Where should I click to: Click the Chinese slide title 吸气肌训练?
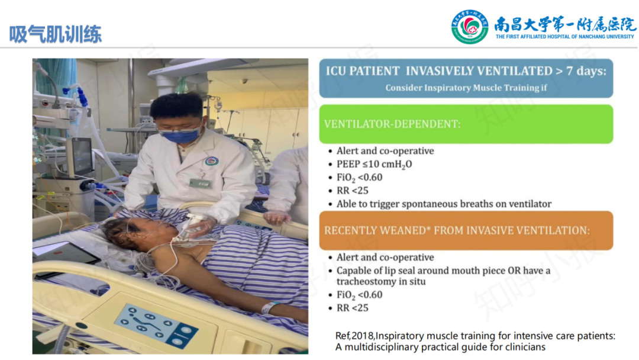click(56, 34)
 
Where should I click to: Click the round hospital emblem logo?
click(469, 27)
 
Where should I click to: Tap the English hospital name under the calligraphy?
click(565, 37)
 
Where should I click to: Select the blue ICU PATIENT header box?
click(466, 78)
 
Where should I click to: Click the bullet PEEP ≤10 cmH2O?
click(374, 164)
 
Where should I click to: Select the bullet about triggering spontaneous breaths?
click(444, 204)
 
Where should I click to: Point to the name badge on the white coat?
click(200, 184)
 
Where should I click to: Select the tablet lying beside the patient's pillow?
click(65, 253)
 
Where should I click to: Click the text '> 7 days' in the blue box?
click(581, 71)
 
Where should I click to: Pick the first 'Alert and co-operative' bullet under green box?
click(385, 151)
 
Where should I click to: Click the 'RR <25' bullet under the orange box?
click(352, 308)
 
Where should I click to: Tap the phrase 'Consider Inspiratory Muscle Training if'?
click(466, 88)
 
